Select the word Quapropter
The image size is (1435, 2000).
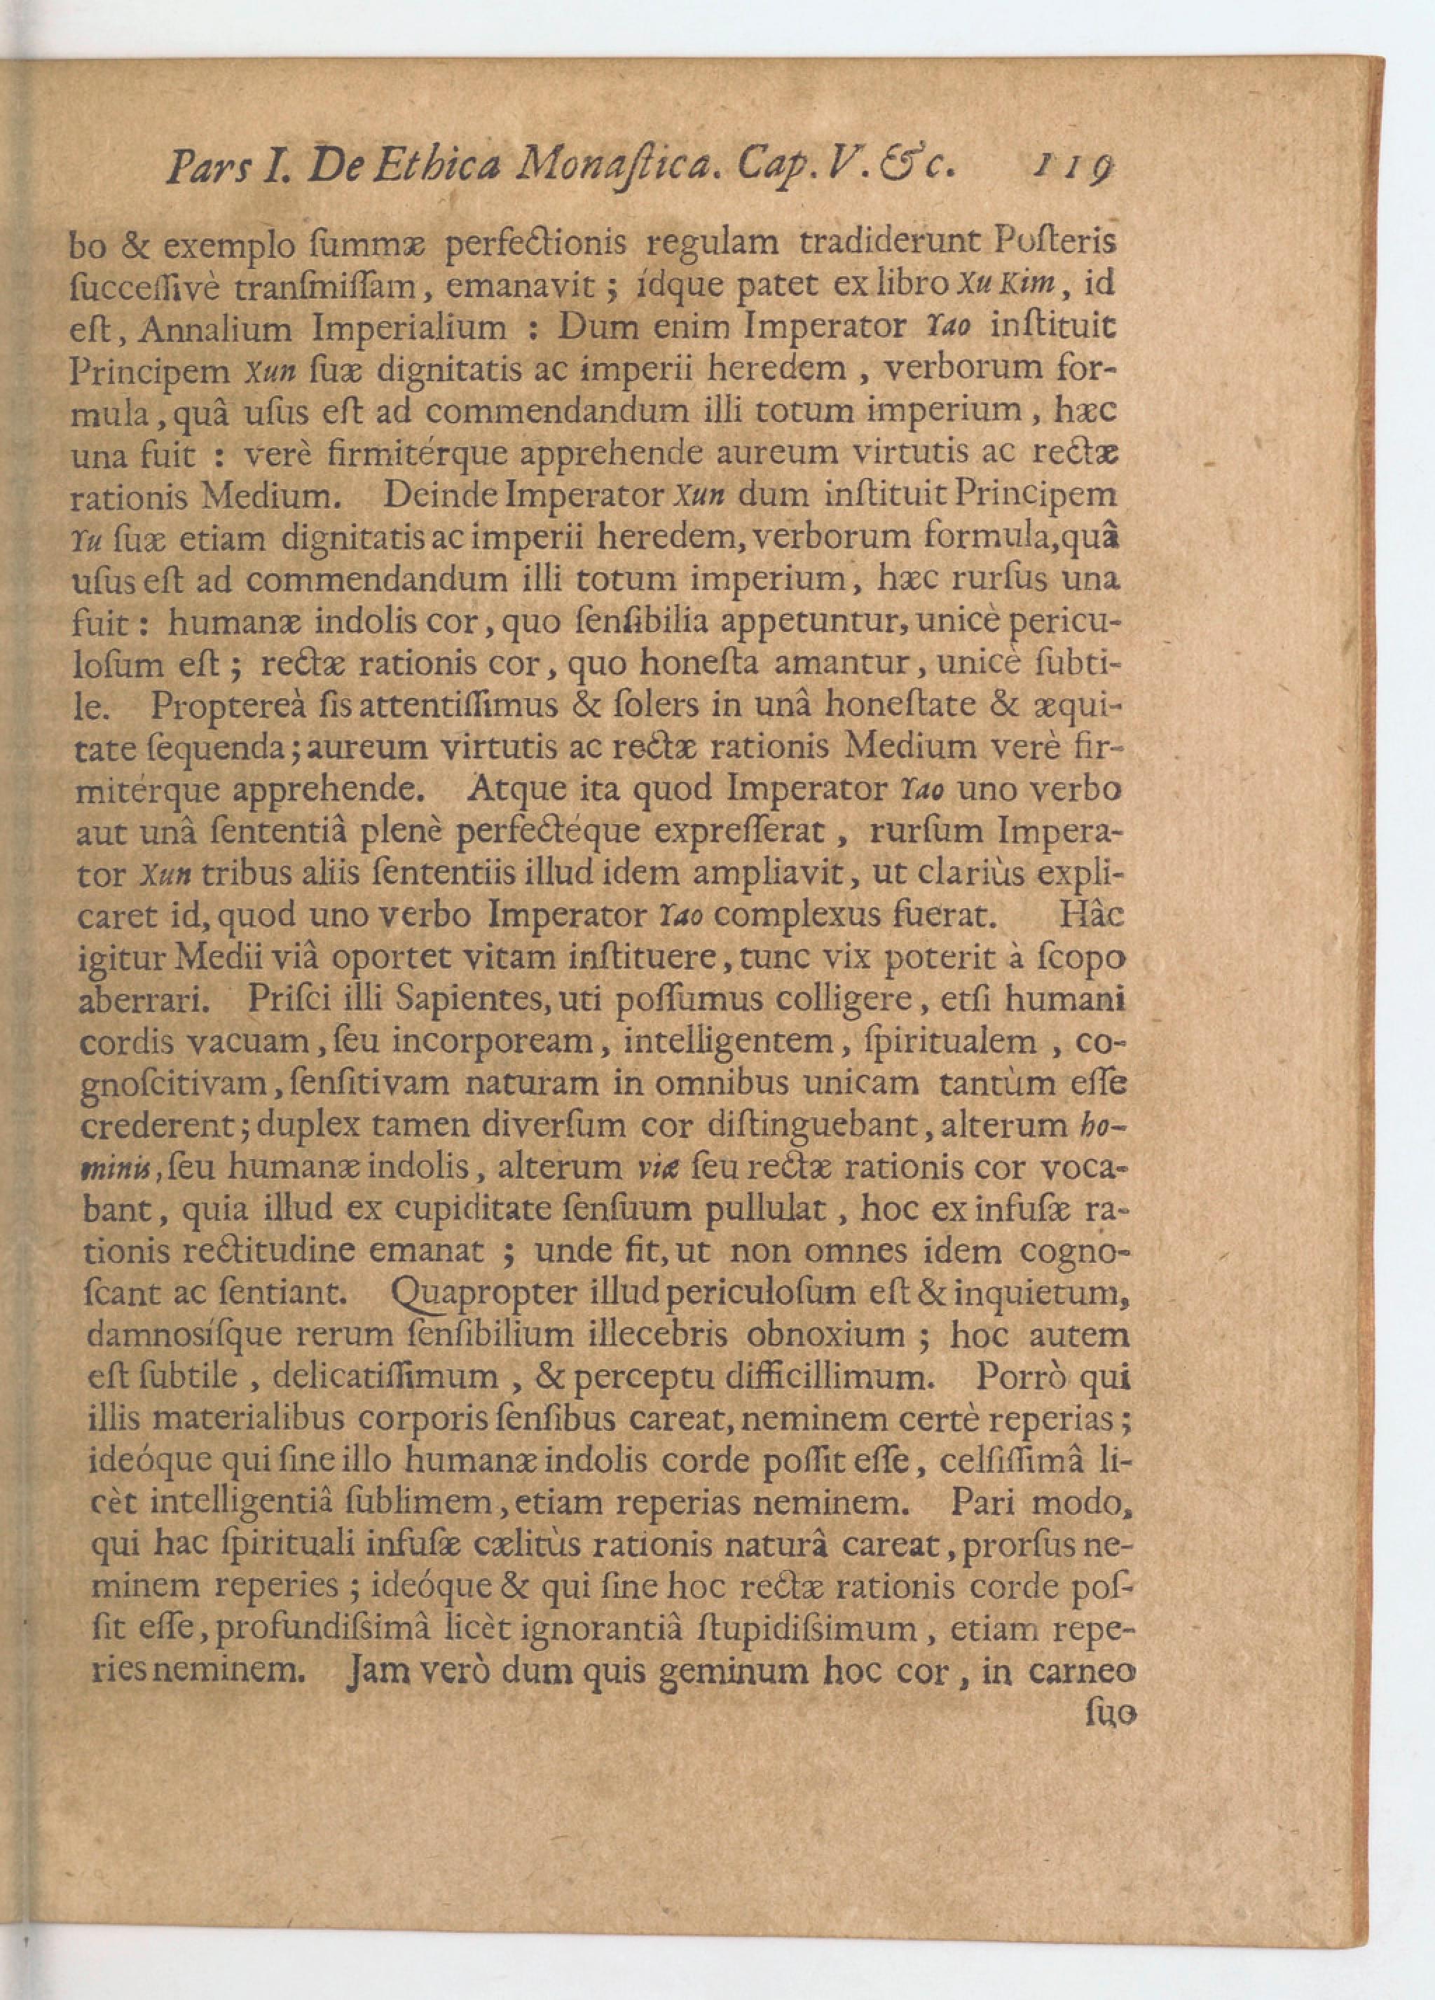pos(481,1294)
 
